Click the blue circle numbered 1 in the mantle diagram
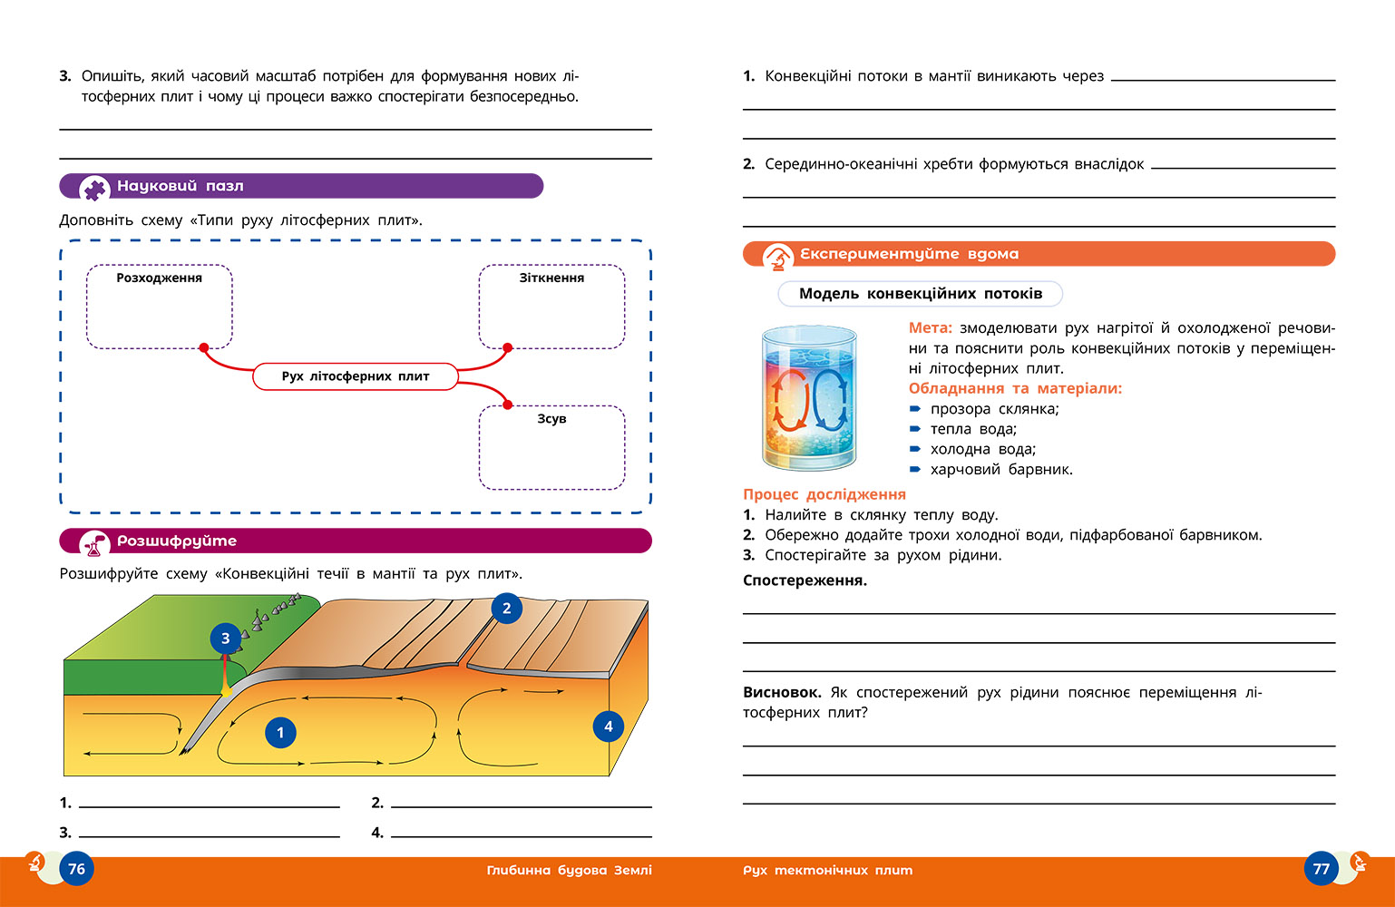(280, 733)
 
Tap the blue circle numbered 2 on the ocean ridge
(507, 608)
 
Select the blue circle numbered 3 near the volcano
(226, 638)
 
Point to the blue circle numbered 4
(609, 727)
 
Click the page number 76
(76, 868)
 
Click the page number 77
(1321, 868)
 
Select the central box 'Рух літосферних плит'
(356, 376)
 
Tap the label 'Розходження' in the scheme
(160, 278)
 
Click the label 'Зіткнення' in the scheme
(551, 278)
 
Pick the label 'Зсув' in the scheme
(551, 419)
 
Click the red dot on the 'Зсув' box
(508, 405)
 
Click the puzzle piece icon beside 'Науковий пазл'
(94, 189)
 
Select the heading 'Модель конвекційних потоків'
(921, 293)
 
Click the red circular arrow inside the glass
(791, 400)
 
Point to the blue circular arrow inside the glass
(830, 400)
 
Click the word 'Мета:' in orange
(931, 327)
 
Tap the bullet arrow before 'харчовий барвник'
(915, 469)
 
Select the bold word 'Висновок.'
(782, 692)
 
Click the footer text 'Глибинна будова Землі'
(570, 870)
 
